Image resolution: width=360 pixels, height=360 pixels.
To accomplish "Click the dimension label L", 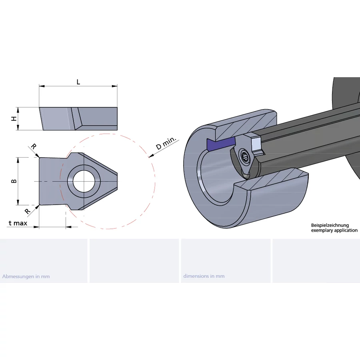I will click(x=78, y=82).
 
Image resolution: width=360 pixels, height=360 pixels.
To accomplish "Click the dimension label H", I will click(x=13, y=119).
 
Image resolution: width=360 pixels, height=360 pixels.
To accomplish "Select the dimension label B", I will click(x=14, y=181).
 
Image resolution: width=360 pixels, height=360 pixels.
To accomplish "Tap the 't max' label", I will click(x=18, y=223).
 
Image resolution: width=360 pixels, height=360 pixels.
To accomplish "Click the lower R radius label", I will click(x=28, y=211).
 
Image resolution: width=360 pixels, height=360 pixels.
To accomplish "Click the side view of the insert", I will click(x=78, y=118).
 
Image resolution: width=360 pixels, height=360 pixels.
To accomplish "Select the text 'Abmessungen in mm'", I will click(x=26, y=276).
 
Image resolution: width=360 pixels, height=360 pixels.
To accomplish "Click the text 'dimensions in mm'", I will click(x=204, y=276).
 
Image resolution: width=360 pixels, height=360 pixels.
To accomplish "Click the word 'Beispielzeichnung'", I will click(x=330, y=226).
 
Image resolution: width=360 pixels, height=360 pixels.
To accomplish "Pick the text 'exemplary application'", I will click(x=334, y=231).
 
